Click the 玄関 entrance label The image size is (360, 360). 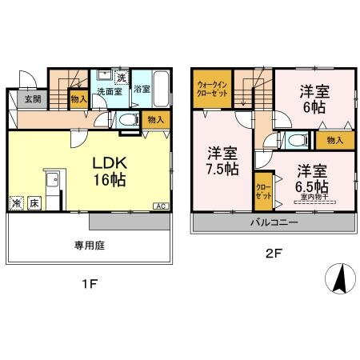(x=31, y=99)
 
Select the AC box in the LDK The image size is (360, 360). (x=160, y=206)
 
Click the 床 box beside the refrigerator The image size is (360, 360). (x=34, y=204)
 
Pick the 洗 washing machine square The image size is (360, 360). (x=121, y=78)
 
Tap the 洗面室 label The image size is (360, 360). (x=109, y=91)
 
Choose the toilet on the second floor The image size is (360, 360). (x=297, y=142)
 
